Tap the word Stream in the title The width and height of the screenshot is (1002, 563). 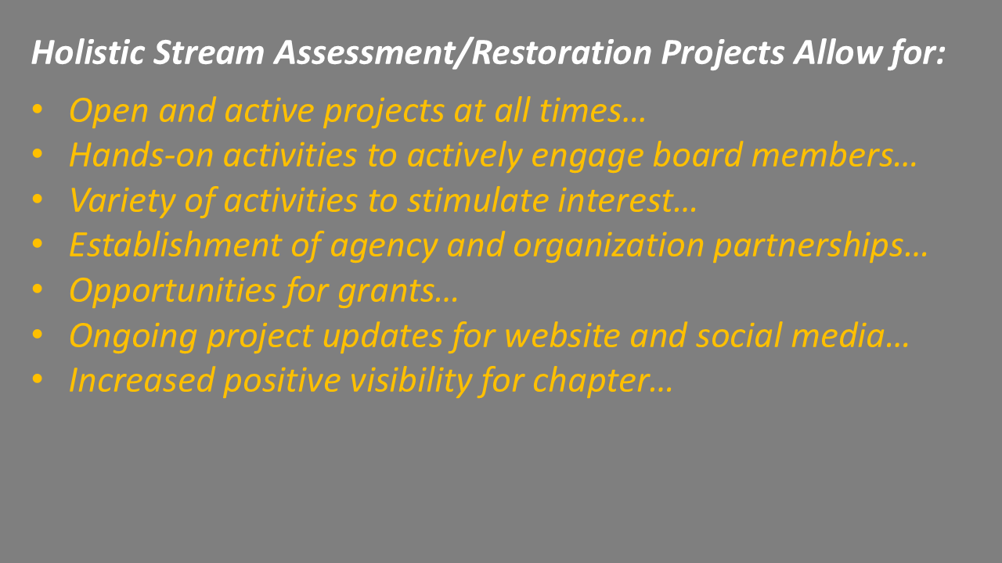[x=205, y=53]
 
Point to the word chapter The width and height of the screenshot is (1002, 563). [x=593, y=381]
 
